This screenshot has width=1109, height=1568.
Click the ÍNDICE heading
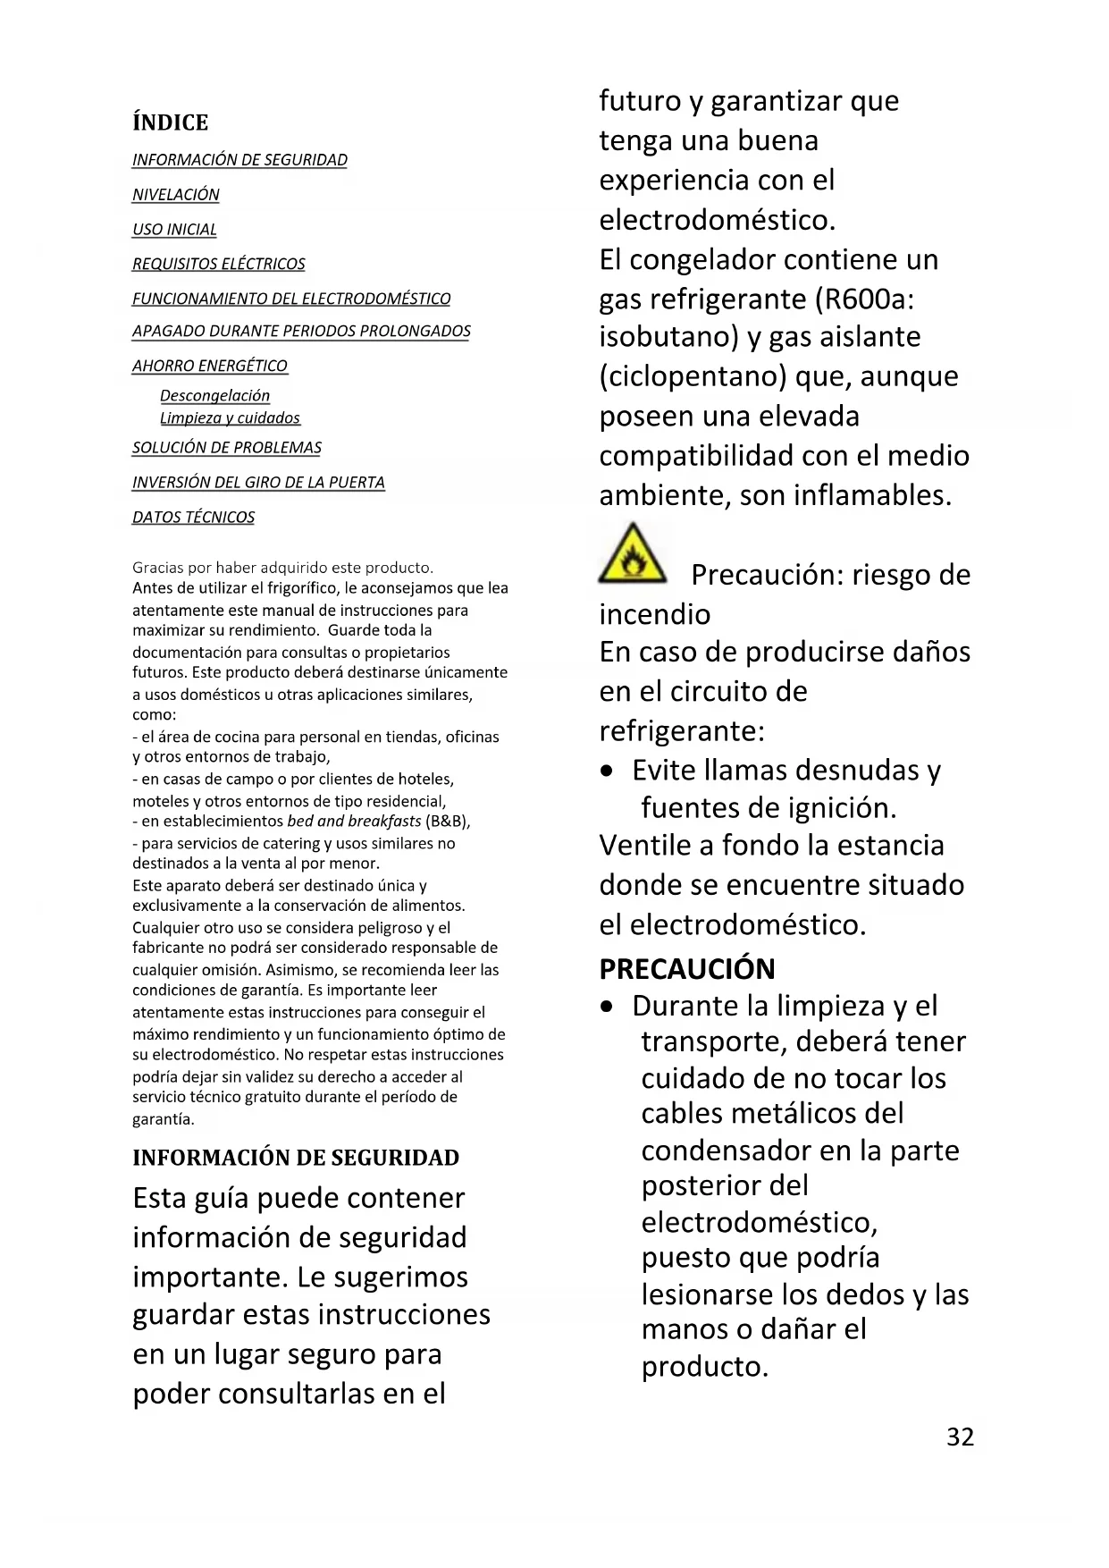point(170,122)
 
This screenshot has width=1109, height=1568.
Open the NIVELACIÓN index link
point(176,195)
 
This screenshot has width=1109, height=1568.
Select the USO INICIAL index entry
point(174,230)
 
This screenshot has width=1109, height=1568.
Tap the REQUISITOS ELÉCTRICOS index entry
point(219,264)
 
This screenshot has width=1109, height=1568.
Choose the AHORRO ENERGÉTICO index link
point(210,366)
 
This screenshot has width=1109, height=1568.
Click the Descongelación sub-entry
point(214,395)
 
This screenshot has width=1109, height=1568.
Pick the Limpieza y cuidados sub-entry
point(230,417)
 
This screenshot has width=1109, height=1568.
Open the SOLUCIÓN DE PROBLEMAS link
point(227,447)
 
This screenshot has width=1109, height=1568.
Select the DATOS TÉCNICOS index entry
point(193,517)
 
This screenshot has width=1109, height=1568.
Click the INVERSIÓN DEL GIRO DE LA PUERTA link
point(258,482)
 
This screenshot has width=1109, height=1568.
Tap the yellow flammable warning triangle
point(632,555)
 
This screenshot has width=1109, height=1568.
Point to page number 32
point(960,1437)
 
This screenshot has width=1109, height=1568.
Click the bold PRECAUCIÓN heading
point(687,969)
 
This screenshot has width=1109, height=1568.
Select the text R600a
point(864,299)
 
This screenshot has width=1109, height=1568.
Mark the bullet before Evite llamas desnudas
point(608,771)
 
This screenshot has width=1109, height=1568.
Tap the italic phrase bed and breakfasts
point(354,821)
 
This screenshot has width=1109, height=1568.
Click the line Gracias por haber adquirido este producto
point(282,568)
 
